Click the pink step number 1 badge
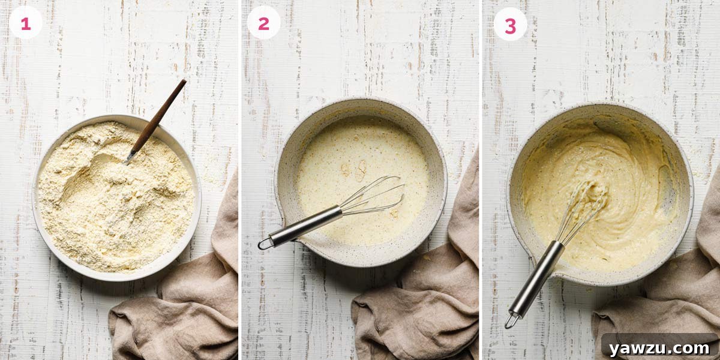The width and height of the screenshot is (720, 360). [x=25, y=24]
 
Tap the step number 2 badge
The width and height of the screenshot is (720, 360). [x=263, y=24]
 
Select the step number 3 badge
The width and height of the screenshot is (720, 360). [x=510, y=25]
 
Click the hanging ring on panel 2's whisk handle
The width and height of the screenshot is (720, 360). [x=264, y=243]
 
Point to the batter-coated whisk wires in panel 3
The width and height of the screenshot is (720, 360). [x=582, y=204]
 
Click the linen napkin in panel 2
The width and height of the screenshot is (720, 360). [x=420, y=300]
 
